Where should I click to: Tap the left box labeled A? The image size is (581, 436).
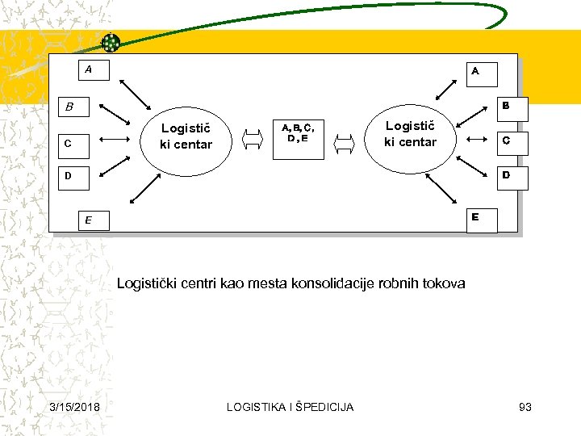click(88, 70)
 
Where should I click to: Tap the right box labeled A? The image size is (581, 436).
click(482, 73)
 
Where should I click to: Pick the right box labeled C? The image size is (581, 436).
click(504, 141)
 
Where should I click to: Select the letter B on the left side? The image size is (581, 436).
click(69, 107)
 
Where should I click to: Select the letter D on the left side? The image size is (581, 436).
click(69, 175)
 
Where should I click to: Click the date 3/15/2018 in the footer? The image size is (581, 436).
click(74, 407)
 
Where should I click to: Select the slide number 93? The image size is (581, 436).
click(525, 407)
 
